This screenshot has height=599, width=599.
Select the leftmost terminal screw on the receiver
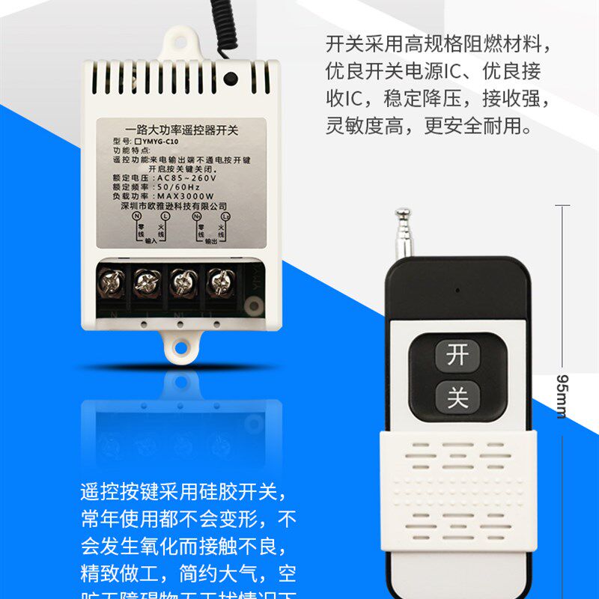pos(111,284)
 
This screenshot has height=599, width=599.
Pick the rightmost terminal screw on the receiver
pos(219,284)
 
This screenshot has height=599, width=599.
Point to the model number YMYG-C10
pos(156,141)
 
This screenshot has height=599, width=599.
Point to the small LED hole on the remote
pos(454,289)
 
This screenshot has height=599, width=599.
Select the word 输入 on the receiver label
pos(151,241)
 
